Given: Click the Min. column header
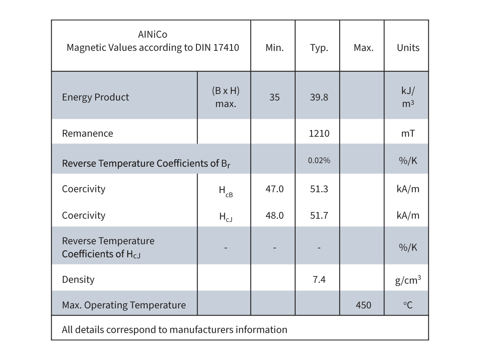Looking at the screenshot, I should [274, 48].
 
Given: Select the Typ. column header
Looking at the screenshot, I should [319, 48].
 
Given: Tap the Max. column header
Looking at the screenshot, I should [363, 48].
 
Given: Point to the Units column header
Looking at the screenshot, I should [408, 48].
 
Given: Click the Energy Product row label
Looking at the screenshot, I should [96, 97].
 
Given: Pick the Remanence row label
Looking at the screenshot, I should [88, 133].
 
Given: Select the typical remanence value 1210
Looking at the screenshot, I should [319, 133].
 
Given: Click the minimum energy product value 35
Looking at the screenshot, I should [274, 97].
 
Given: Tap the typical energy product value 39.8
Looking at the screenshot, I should [319, 97].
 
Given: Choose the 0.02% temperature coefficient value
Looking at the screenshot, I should [319, 160].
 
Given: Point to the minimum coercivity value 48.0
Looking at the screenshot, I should [274, 215].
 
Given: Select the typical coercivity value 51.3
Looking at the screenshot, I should [319, 189].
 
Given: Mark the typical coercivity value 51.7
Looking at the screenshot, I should [319, 215].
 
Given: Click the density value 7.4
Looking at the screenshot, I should [319, 279].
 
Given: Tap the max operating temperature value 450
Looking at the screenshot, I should [363, 305].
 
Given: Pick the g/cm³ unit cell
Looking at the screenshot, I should [408, 280].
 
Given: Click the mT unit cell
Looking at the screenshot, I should [408, 133].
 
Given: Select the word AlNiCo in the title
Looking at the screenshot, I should [152, 35].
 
